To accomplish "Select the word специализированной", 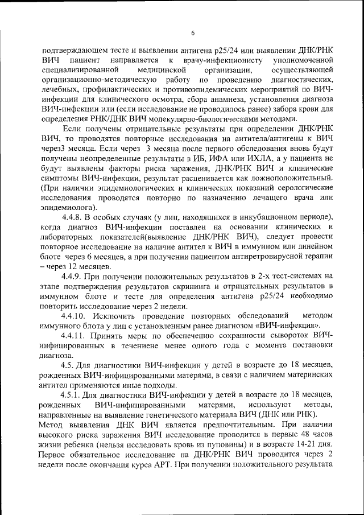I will [x=78, y=69].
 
